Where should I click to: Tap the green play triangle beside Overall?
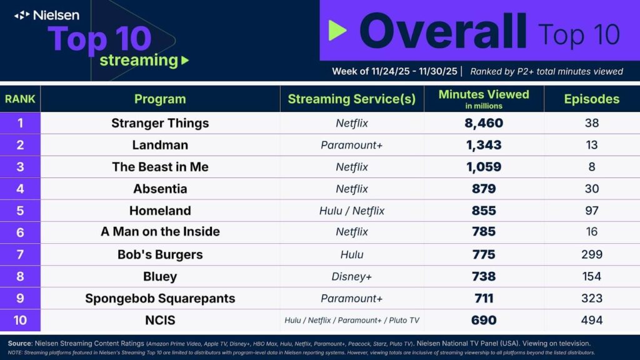pos(337,30)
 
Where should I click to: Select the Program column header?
pos(160,99)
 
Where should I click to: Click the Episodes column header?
pos(591,99)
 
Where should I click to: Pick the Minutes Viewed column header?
pos(484,95)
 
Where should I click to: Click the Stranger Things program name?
pos(160,123)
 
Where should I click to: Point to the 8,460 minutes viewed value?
pos(484,123)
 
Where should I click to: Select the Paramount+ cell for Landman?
pos(352,145)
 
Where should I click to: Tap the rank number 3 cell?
pos(20,167)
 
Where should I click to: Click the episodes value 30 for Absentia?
pos(591,189)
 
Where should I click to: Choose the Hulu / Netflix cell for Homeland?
pos(352,211)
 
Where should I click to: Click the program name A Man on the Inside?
pos(160,232)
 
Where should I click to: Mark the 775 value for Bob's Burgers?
pos(484,254)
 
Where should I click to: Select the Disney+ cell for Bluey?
pos(352,276)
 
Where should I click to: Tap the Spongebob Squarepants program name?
pos(160,298)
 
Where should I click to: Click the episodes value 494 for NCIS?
pos(591,320)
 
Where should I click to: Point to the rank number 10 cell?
pos(20,320)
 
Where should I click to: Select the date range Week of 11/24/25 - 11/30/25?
pos(394,71)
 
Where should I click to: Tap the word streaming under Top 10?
pos(139,60)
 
